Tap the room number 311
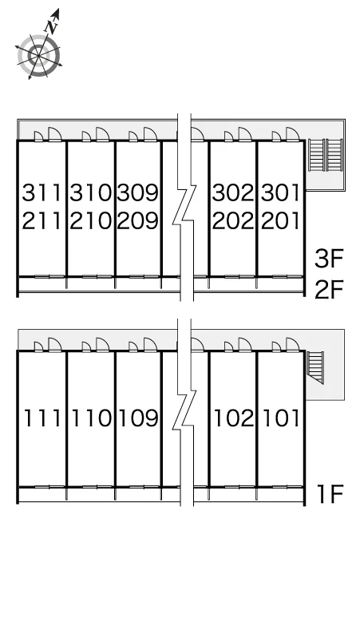point(42,192)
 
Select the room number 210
point(91,220)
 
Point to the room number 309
point(138,192)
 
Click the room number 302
point(233,192)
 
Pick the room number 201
point(280,220)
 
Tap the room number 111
point(42,418)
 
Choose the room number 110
point(91,418)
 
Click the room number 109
point(139,418)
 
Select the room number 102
point(234,418)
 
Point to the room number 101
point(281,418)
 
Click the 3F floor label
point(330,259)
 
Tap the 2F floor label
point(330,290)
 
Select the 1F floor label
point(330,494)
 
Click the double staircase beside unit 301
point(326,155)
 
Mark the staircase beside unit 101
point(315,367)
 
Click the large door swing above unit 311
point(54,133)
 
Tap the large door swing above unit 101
point(292,344)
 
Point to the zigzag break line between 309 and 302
point(184,208)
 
